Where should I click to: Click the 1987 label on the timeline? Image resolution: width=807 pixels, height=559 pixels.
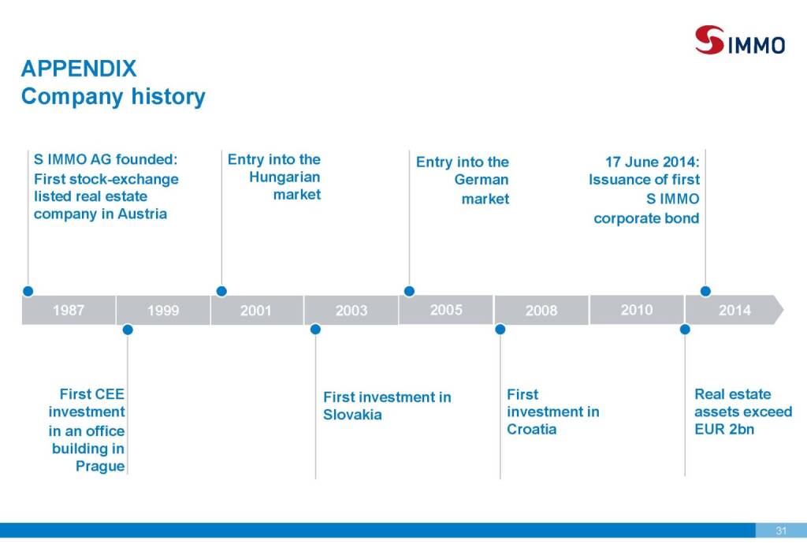pyautogui.click(x=69, y=310)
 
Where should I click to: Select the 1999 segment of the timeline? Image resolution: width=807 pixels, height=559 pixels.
pyautogui.click(x=163, y=311)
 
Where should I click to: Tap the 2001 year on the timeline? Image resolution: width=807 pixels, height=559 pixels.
pyautogui.click(x=256, y=311)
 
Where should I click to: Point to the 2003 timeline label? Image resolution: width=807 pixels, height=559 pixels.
pyautogui.click(x=351, y=311)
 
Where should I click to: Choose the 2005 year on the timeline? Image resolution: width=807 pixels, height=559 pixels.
pyautogui.click(x=446, y=310)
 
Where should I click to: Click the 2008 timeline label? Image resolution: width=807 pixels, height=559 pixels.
pyautogui.click(x=541, y=311)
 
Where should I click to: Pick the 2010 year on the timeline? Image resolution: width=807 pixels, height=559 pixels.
pyautogui.click(x=637, y=310)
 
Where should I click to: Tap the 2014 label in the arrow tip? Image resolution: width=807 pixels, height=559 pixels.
pyautogui.click(x=734, y=310)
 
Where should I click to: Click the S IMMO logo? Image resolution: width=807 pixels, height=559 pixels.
pyautogui.click(x=739, y=40)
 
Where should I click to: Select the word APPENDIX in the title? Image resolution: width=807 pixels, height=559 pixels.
pyautogui.click(x=79, y=69)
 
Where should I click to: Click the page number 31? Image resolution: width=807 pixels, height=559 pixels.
pyautogui.click(x=781, y=531)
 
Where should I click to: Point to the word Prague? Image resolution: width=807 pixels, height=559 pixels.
pyautogui.click(x=100, y=466)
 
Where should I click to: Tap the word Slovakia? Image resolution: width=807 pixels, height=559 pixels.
pyautogui.click(x=352, y=415)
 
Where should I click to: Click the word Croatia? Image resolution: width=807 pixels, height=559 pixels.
pyautogui.click(x=532, y=429)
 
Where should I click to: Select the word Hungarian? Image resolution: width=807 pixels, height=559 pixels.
pyautogui.click(x=284, y=177)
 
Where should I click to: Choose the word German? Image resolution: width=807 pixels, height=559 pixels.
pyautogui.click(x=482, y=180)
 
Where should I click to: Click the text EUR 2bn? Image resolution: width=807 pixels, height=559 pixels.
pyautogui.click(x=724, y=429)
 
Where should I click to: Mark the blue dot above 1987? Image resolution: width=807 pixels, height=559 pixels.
pyautogui.click(x=28, y=292)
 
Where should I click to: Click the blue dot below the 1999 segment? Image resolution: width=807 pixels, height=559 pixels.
pyautogui.click(x=128, y=330)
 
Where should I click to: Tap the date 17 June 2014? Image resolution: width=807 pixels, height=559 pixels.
pyautogui.click(x=652, y=162)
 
